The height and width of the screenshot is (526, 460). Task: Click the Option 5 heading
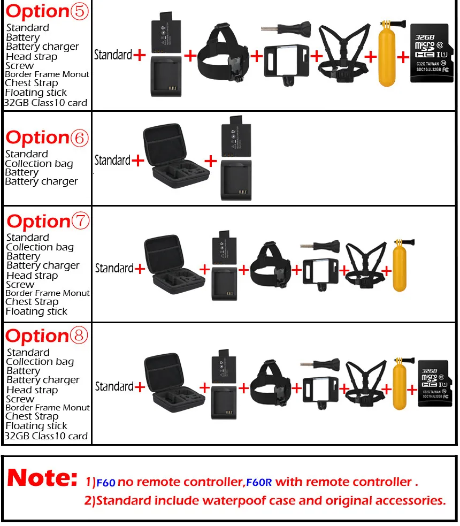[x=47, y=12]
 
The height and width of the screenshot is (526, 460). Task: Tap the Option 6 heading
[x=47, y=138]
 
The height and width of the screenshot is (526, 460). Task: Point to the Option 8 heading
[x=47, y=336]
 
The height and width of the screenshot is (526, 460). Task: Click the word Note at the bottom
[x=42, y=477]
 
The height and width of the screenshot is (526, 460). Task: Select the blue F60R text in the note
[x=258, y=482]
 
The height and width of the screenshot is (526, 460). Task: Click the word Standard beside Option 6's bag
[x=112, y=160]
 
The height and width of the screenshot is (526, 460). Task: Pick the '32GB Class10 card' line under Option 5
[x=45, y=103]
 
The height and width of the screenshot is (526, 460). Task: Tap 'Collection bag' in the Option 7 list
[x=40, y=247]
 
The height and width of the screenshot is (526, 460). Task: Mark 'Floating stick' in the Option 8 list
[x=36, y=426]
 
